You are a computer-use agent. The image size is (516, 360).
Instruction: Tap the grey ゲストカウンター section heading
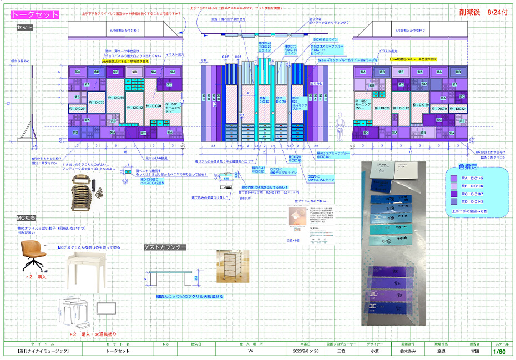pos(165,247)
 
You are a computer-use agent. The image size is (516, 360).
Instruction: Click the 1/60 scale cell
pos(499,351)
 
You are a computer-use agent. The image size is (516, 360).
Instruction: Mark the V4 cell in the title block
pos(250,351)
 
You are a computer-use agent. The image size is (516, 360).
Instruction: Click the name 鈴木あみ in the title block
pos(409,351)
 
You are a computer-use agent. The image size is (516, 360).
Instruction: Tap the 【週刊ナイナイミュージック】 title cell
pos(43,351)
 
